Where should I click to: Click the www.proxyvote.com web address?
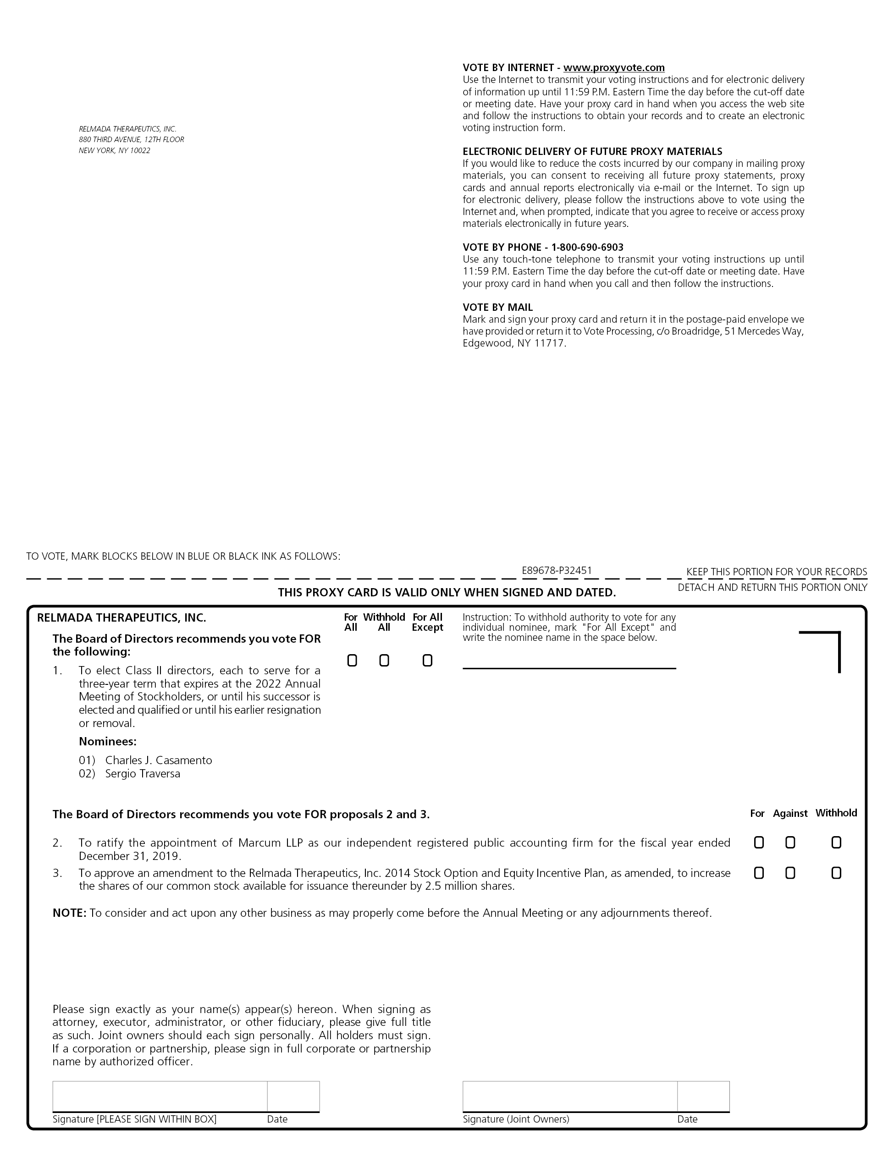614,68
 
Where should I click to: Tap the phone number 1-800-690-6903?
587,248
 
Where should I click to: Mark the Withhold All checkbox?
384,661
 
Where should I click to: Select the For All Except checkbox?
427,661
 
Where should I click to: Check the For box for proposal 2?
758,843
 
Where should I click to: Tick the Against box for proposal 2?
789,843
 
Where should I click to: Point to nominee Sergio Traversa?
143,774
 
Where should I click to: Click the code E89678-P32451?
557,571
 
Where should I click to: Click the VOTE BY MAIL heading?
497,307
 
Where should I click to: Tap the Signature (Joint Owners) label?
516,1119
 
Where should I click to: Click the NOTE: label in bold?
69,913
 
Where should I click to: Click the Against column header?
789,814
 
